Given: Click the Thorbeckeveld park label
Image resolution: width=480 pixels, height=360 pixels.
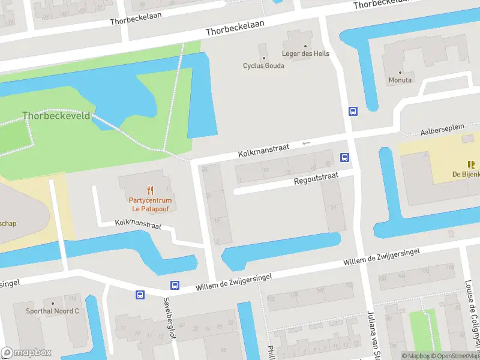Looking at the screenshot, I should click(56, 115).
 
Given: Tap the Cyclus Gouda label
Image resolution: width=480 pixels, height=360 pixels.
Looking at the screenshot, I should click(263, 65).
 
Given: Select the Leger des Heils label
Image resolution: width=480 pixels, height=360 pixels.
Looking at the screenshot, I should click(305, 53).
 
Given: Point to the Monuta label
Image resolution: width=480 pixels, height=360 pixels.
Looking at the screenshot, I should click(400, 80).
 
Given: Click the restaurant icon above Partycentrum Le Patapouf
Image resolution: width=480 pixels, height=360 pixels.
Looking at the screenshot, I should click(150, 190).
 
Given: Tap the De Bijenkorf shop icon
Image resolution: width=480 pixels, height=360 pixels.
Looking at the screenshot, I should click(471, 164).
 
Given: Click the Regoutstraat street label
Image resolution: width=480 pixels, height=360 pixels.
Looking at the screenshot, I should click(316, 178).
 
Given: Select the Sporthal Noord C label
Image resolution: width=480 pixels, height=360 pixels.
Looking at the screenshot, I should click(52, 311).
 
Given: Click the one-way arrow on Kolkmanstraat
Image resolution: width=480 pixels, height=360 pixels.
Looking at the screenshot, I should click(307, 143).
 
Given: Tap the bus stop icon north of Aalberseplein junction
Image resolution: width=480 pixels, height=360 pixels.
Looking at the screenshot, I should click(353, 111).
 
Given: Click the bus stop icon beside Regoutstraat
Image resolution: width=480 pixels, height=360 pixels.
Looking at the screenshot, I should click(345, 157).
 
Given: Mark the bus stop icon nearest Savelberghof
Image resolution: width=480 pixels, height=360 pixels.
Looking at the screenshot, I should click(175, 286).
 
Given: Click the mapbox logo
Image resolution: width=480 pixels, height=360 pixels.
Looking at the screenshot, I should click(26, 352).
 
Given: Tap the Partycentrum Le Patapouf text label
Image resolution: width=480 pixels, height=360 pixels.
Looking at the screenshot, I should click(150, 205).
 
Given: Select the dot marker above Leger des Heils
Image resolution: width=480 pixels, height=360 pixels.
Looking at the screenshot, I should click(305, 46).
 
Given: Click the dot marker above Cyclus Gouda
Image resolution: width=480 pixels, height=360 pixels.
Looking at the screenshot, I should click(263, 58).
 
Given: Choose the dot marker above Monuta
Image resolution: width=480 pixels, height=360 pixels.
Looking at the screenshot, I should click(400, 72).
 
